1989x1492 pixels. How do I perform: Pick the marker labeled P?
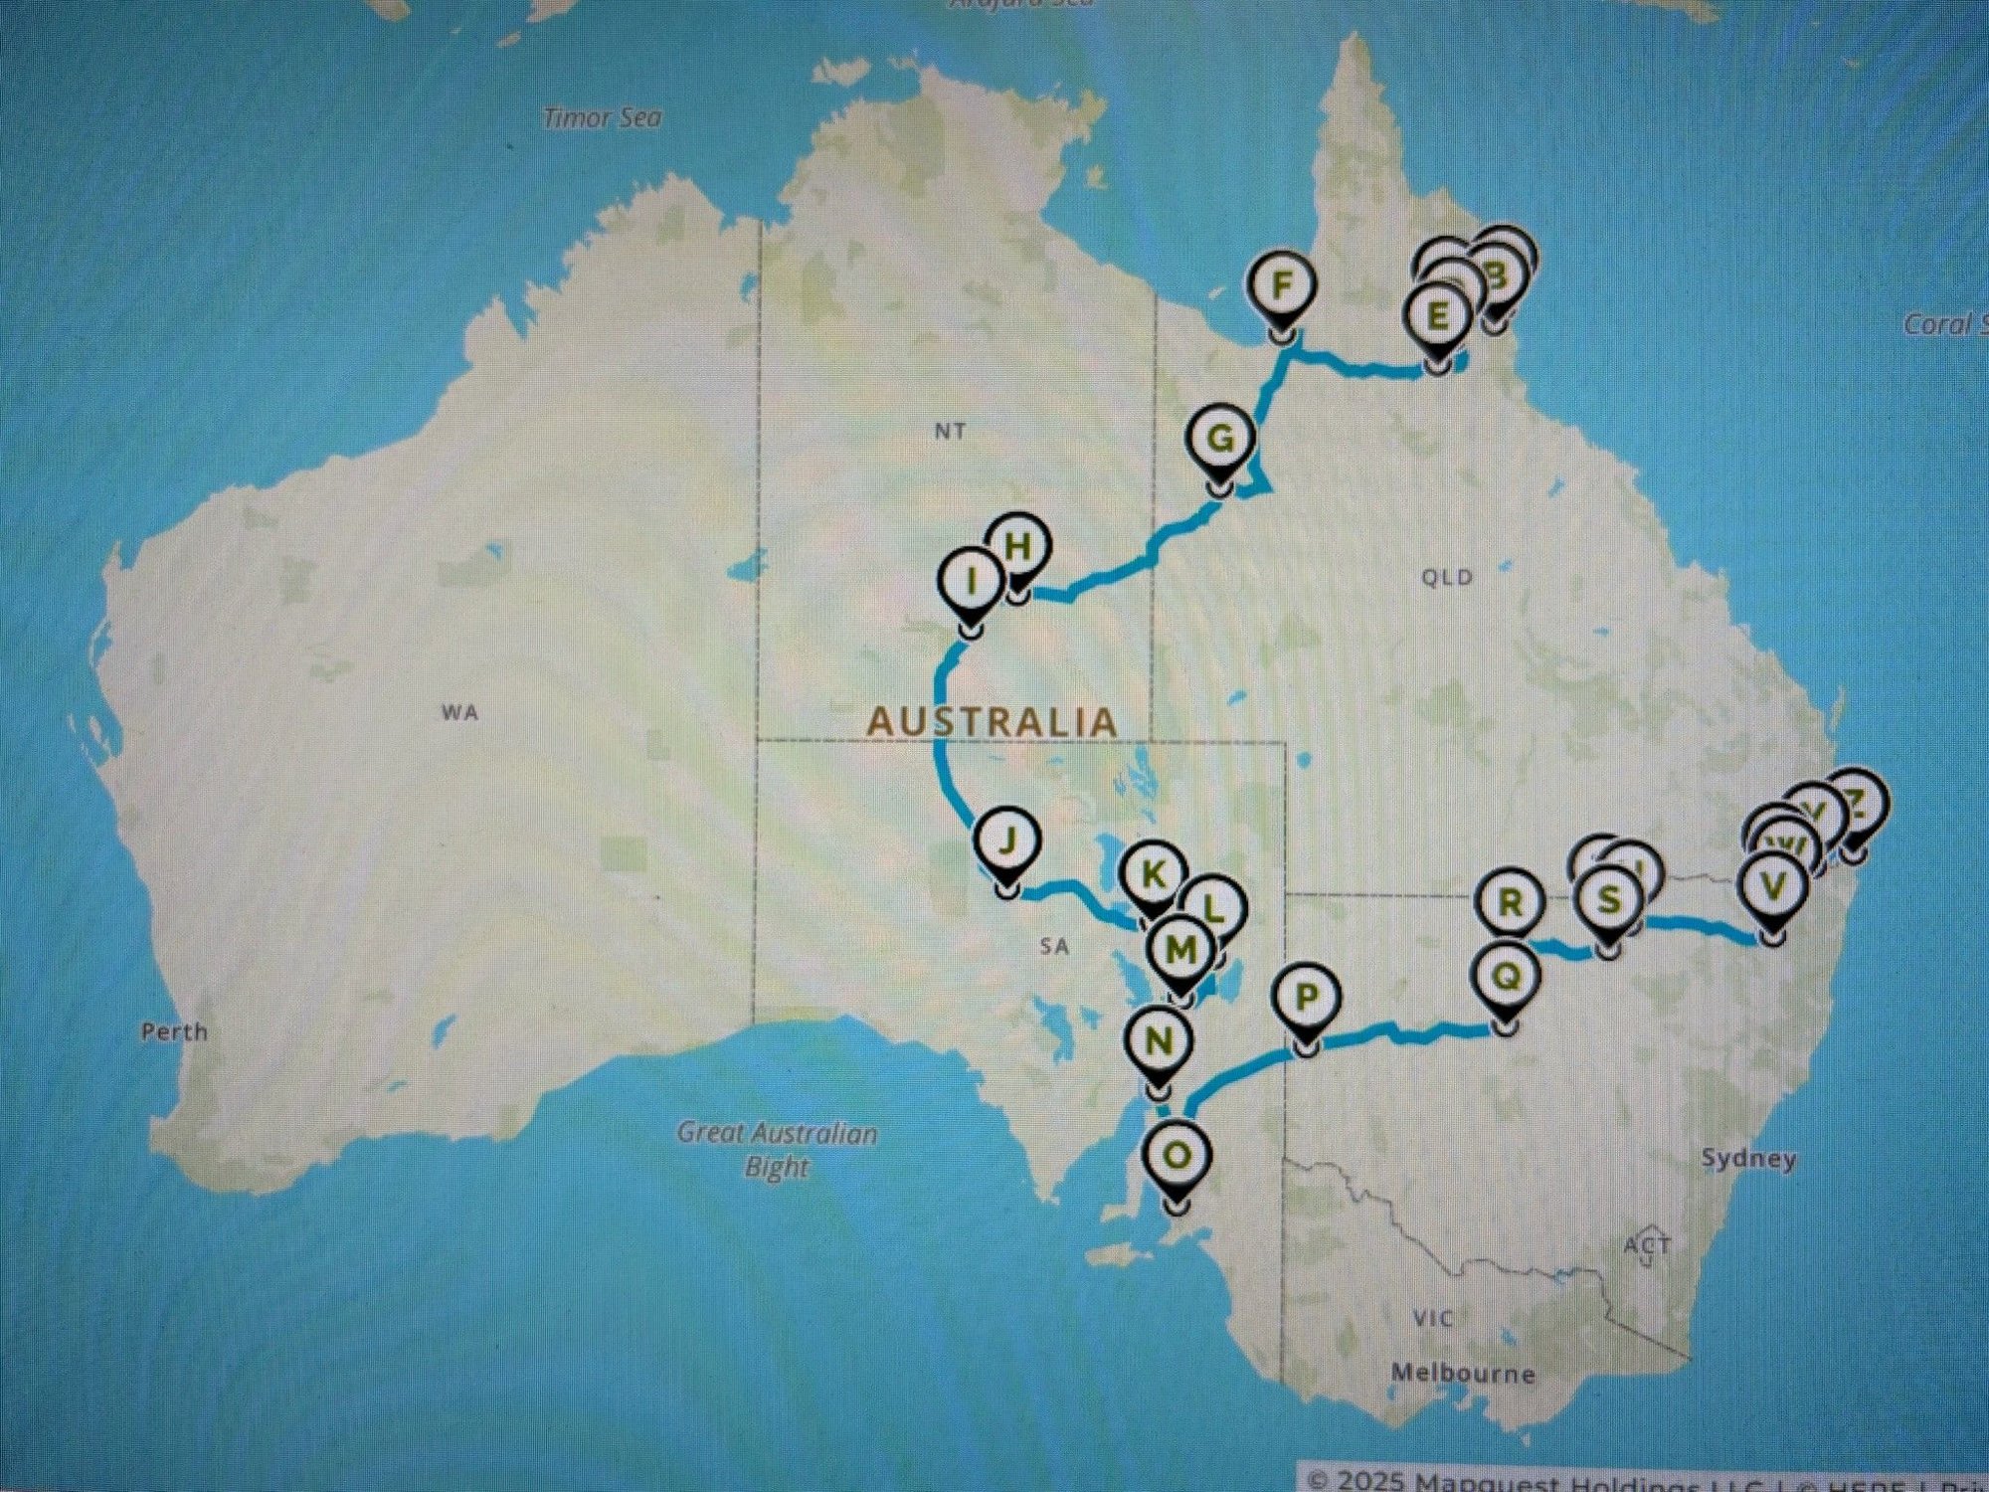coord(1307,998)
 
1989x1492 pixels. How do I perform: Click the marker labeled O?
coord(1175,1157)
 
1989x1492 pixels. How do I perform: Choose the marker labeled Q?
coord(1507,978)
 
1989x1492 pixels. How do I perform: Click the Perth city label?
coord(174,1031)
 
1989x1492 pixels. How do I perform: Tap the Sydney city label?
coord(1748,1159)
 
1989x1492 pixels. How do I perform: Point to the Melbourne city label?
coord(1463,1374)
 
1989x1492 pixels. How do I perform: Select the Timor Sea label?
coord(603,118)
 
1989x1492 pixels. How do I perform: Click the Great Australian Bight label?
coord(777,1149)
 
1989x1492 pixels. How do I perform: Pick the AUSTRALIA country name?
coord(993,722)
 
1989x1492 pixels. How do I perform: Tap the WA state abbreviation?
coord(459,712)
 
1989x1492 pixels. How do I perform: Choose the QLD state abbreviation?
coord(1447,578)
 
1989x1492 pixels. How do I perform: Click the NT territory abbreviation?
coord(950,431)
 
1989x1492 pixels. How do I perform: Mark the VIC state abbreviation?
coord(1432,1319)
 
